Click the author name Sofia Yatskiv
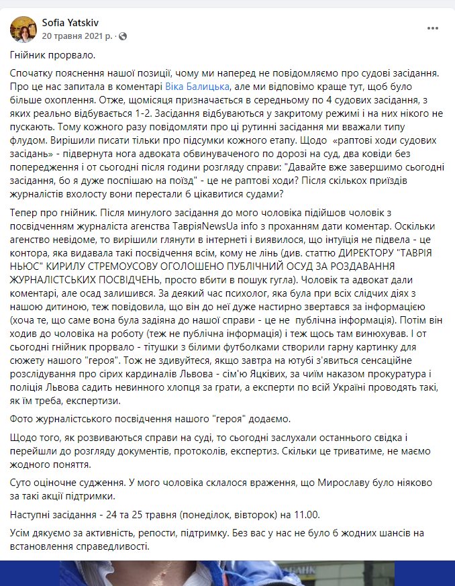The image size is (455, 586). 72,22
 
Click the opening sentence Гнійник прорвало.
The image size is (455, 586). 48,54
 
